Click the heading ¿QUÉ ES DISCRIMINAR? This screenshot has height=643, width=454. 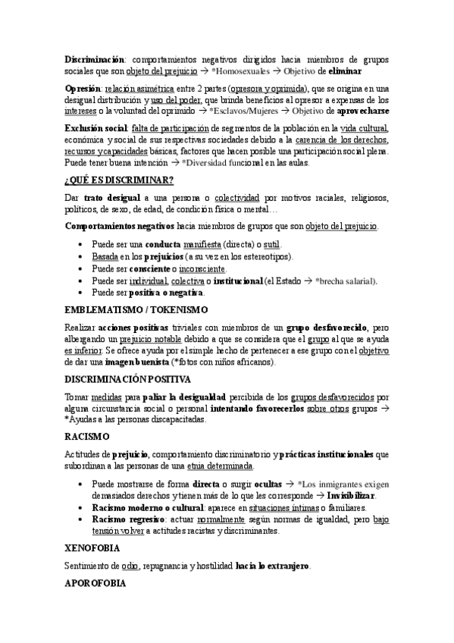[x=118, y=180]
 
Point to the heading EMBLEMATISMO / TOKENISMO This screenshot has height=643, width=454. [x=136, y=309]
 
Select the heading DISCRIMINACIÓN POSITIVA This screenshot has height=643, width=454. [x=127, y=379]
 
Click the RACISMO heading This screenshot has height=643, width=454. [x=88, y=437]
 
